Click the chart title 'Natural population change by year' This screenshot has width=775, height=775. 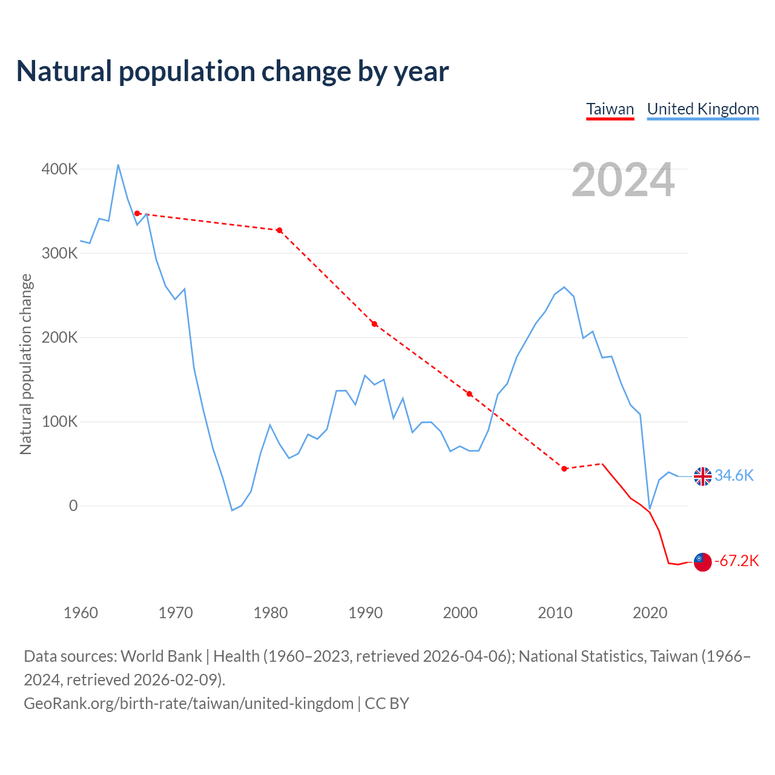coord(232,71)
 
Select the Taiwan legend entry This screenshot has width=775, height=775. coord(610,109)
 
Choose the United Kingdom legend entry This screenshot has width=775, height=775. coord(703,109)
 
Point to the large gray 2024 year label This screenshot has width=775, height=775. coord(623,180)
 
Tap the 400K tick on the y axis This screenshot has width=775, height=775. coord(59,169)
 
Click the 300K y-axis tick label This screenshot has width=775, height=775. coord(59,253)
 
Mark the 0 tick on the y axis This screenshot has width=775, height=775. coord(73,506)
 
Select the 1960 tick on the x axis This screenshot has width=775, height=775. coord(81,613)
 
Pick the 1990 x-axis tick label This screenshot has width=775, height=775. coord(365,613)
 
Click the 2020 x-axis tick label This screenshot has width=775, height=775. coord(650,613)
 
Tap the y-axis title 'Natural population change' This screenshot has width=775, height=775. coord(25,364)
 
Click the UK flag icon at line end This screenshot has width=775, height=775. coord(702,477)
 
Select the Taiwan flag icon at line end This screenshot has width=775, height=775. coord(702,562)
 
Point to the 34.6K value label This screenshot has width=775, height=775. coord(734,475)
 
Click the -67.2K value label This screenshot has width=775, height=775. coord(736,561)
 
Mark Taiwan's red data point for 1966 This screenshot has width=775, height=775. coord(137,213)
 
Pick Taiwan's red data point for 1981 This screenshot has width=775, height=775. coord(279,230)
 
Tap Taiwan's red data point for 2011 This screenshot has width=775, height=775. coord(564,469)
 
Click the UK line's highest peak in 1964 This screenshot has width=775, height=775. coord(118,165)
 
